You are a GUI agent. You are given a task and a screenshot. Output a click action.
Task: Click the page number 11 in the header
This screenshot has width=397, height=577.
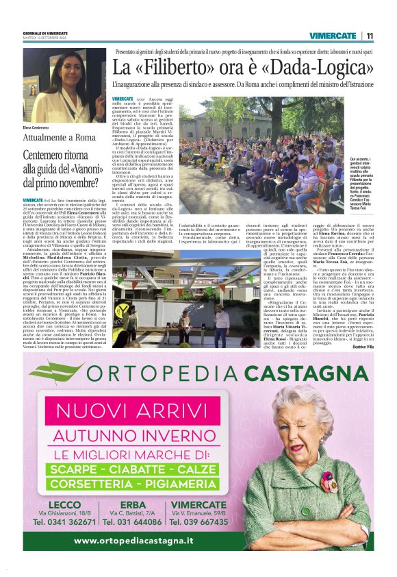click(x=370, y=36)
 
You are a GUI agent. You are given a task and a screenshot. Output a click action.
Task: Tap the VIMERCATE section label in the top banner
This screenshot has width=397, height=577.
click(x=332, y=36)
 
